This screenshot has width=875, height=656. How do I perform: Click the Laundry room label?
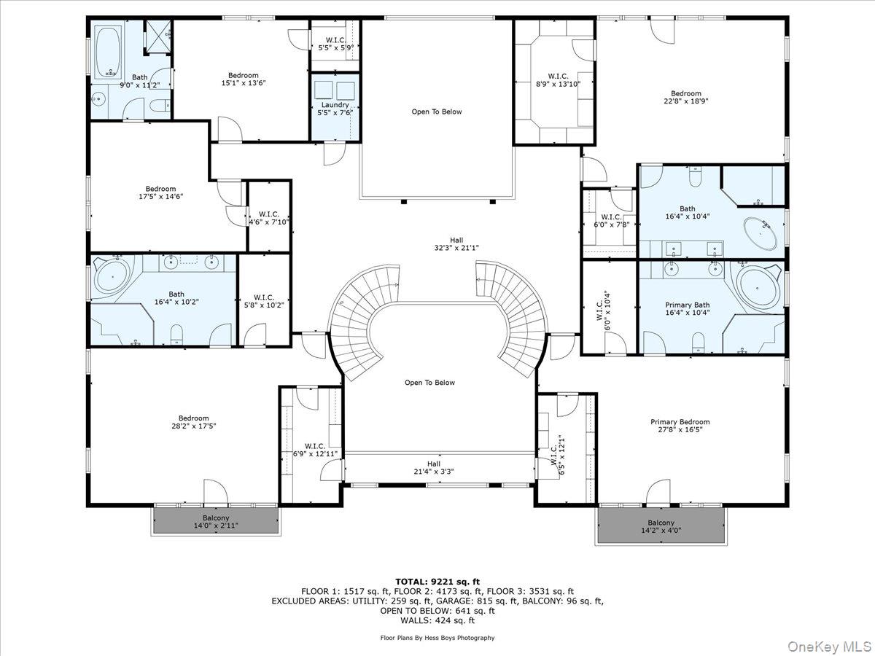pyautogui.click(x=335, y=109)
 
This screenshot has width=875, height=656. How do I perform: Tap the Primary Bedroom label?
pyautogui.click(x=680, y=426)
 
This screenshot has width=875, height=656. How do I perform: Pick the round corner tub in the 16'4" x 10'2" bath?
pyautogui.click(x=112, y=278)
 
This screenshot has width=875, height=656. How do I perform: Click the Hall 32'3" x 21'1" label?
pyautogui.click(x=456, y=243)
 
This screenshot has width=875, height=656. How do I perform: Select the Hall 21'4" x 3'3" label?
pyautogui.click(x=434, y=467)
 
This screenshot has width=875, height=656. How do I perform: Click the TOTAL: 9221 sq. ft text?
pyautogui.click(x=437, y=581)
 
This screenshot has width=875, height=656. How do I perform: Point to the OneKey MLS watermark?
pyautogui.click(x=837, y=646)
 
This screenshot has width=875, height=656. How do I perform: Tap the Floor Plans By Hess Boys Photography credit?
pyautogui.click(x=437, y=638)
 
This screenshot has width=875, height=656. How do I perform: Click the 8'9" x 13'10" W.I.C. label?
pyautogui.click(x=558, y=79)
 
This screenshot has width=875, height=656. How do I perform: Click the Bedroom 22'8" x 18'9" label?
pyautogui.click(x=686, y=97)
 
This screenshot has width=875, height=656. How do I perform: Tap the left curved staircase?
pyautogui.click(x=357, y=313)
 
